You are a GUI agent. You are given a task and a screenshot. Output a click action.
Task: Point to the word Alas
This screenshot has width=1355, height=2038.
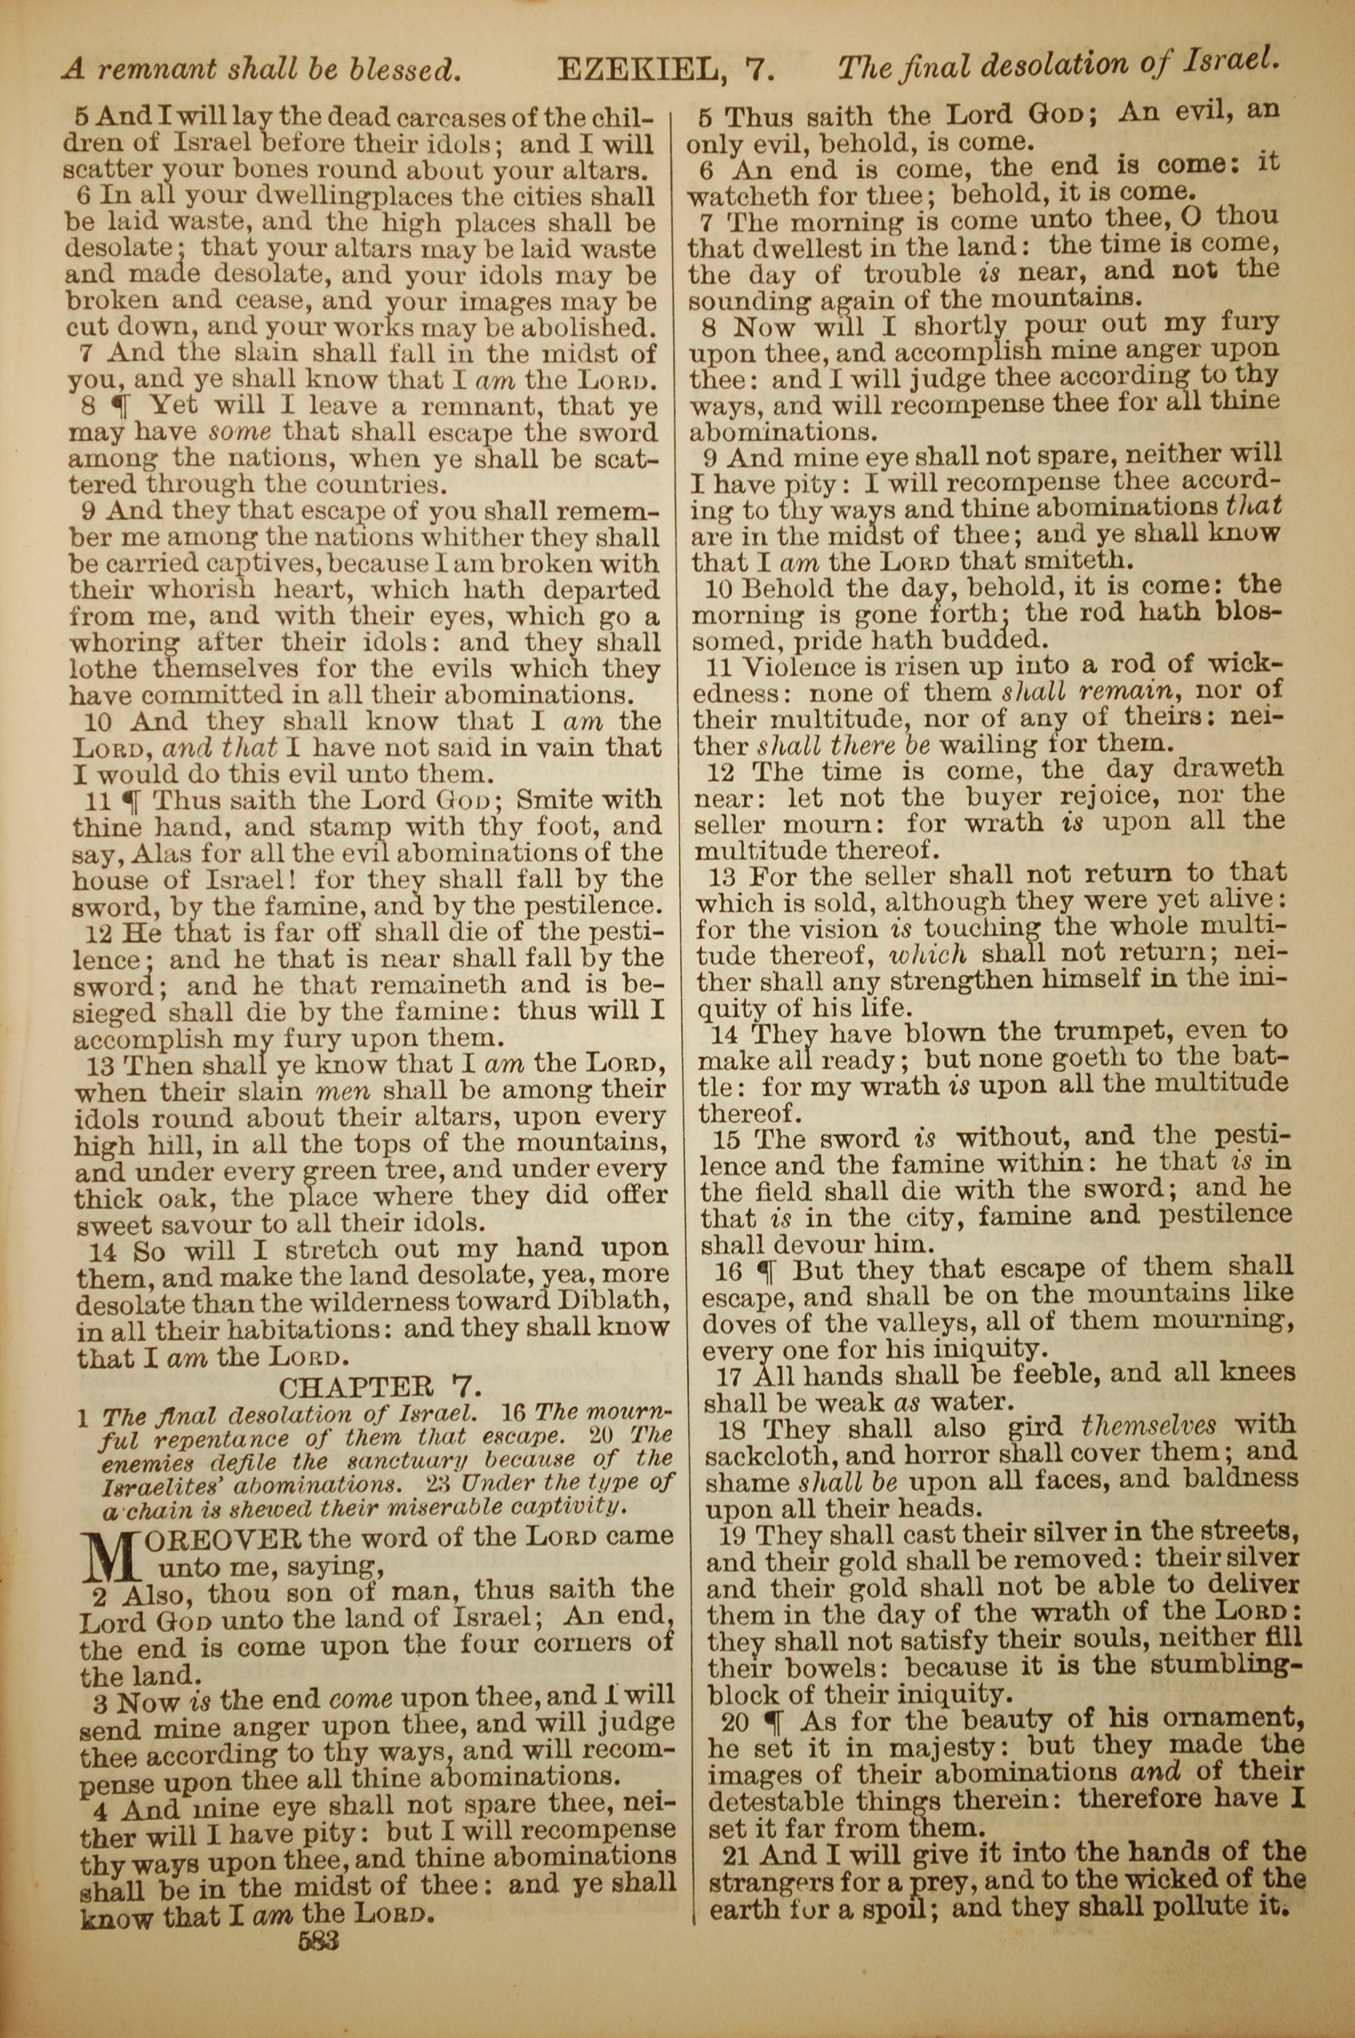point(165,854)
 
